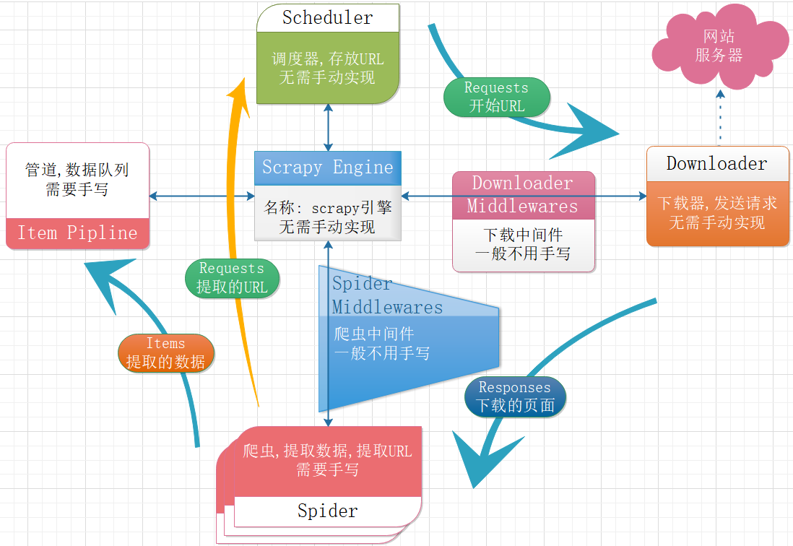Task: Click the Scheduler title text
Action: coord(327,18)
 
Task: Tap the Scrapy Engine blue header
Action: coord(327,168)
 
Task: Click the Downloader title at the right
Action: coord(716,163)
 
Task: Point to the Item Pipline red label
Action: coord(77,233)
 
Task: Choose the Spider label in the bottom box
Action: coord(327,511)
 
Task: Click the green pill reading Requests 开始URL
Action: coord(496,97)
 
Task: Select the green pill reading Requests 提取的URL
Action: coord(232,277)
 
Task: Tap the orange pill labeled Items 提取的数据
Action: coord(165,352)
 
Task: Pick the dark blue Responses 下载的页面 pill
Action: coord(515,396)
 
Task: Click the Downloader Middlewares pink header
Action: coord(523,195)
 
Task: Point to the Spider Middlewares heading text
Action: coord(387,295)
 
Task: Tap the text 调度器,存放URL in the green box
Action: coord(327,59)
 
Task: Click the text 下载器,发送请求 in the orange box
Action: coord(717,203)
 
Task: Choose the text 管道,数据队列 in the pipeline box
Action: coord(77,170)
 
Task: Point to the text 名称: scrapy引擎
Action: coord(327,208)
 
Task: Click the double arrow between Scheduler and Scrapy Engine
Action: coord(329,127)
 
